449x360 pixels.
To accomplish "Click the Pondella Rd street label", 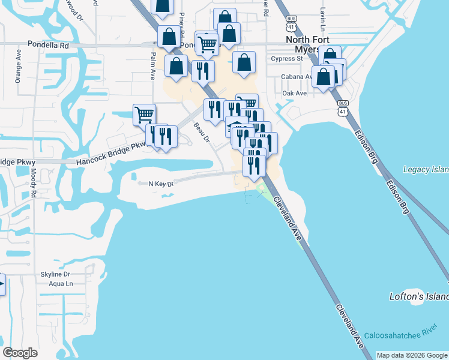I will coord(49,45).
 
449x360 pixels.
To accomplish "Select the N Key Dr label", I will coord(160,184).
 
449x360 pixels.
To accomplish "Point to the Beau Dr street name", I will coord(200,133).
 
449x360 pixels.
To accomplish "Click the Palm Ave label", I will coord(153,66).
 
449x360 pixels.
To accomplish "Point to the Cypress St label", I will coord(287,59).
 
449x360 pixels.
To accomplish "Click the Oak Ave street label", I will coord(294,93).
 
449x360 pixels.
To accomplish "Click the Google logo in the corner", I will coord(20,353).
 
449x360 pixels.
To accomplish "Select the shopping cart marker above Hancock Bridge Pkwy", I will coord(144,114).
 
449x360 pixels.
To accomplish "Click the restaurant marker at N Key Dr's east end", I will coord(254,165).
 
